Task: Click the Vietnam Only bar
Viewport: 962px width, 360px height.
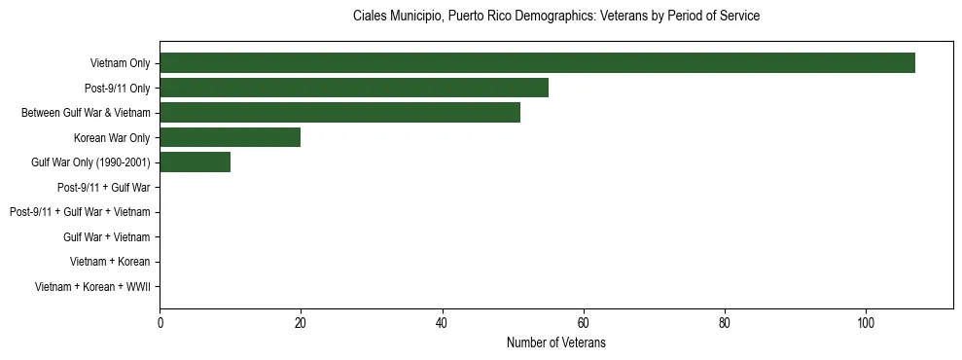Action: [x=537, y=63]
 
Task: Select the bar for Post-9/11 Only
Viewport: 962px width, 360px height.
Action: [x=354, y=88]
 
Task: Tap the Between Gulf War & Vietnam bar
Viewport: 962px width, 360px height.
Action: [x=339, y=113]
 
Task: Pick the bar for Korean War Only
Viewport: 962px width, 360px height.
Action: [x=231, y=137]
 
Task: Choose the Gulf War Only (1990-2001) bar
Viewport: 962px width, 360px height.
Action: [x=195, y=162]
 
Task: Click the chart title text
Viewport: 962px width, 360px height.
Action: [x=555, y=17]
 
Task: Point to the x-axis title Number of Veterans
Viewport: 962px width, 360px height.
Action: [x=555, y=342]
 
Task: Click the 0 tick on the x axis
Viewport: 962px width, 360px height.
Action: [x=160, y=323]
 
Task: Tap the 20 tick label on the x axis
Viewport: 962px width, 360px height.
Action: [x=301, y=323]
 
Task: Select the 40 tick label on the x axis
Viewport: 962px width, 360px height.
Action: [x=442, y=323]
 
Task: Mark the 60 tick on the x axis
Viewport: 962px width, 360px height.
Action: [x=583, y=323]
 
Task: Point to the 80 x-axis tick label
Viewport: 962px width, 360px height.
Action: [x=725, y=323]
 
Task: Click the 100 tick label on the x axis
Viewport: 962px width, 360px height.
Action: [x=866, y=323]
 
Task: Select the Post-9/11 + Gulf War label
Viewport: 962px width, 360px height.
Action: [x=103, y=187]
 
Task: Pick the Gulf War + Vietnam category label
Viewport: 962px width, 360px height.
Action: [x=106, y=236]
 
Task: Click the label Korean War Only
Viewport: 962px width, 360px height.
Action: [x=112, y=137]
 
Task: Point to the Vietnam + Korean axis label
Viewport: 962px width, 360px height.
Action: [x=110, y=262]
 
